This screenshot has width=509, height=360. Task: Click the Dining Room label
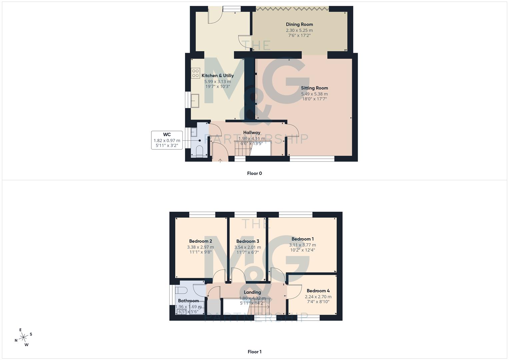299,24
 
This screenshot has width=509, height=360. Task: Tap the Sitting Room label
314,88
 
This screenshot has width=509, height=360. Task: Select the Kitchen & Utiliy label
217,76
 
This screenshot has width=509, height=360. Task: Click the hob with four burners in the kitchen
195,73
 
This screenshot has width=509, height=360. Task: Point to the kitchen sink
195,101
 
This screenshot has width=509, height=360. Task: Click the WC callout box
167,140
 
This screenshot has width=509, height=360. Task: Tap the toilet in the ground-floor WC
199,151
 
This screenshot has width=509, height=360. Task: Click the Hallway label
252,133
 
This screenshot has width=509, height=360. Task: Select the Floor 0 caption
254,173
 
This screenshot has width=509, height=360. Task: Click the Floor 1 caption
254,352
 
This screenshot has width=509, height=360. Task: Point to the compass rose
23,338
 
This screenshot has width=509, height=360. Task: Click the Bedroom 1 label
302,239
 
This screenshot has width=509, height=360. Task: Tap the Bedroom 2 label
200,241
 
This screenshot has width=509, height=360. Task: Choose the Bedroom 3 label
248,241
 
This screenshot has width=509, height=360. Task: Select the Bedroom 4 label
318,291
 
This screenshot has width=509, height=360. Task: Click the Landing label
252,292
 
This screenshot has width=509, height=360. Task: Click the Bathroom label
188,301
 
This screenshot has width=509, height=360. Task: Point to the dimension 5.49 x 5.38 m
314,94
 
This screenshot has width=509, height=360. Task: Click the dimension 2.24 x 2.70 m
318,297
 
